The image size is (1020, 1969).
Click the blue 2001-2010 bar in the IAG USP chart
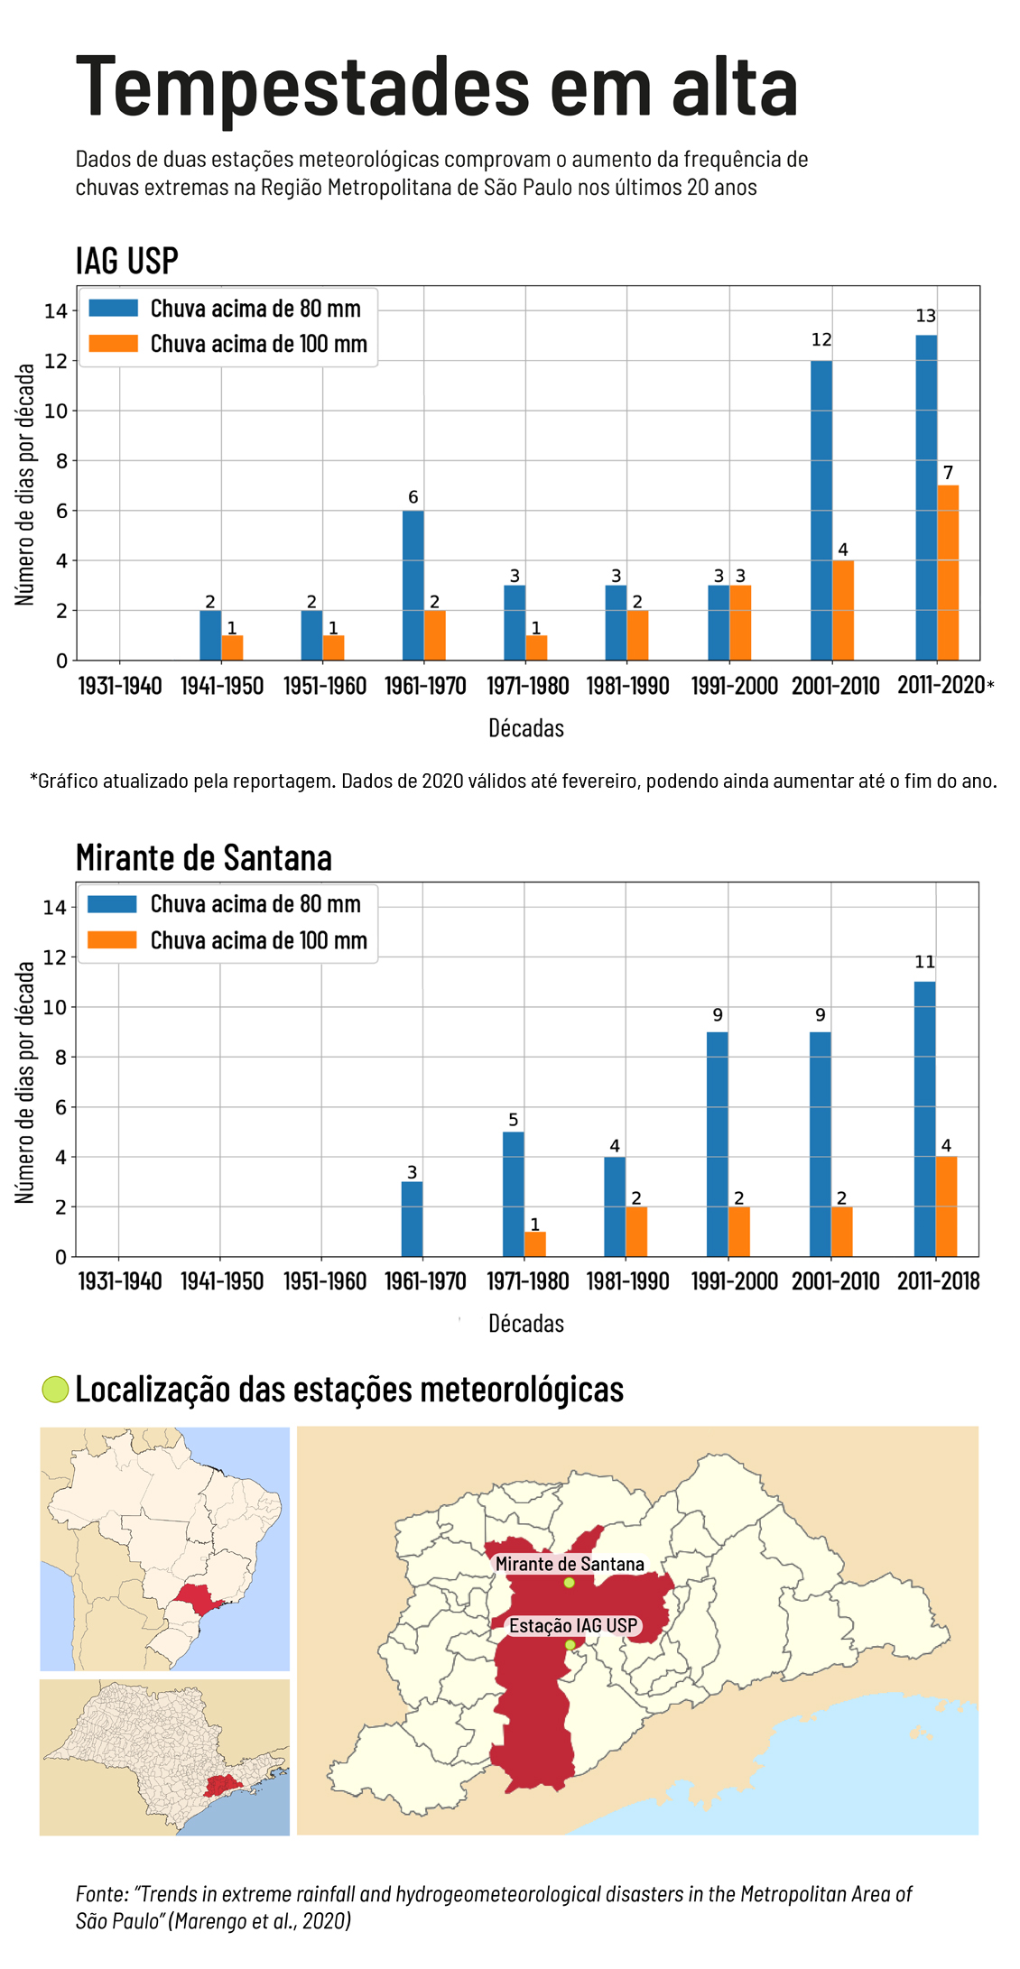tap(821, 511)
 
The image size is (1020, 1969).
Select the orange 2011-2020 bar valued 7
tap(948, 573)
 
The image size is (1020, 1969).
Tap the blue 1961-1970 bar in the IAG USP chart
tap(413, 586)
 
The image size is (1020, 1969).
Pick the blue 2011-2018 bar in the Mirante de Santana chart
tap(925, 1119)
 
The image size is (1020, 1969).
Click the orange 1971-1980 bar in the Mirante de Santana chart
tap(535, 1244)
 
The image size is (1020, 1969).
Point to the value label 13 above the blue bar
tap(926, 317)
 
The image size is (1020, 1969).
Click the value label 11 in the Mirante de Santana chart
tap(925, 963)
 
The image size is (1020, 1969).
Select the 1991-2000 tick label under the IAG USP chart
tap(734, 686)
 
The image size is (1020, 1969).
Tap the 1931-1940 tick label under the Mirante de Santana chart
tap(120, 1281)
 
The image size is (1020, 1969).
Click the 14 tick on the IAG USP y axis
tap(56, 311)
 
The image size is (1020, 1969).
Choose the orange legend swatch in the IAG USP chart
tap(113, 344)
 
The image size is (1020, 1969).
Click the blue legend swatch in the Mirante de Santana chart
tap(113, 904)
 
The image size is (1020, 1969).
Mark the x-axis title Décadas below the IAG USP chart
tap(526, 728)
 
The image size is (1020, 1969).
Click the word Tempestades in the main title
tap(303, 88)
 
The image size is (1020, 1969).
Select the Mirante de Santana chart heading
tap(204, 857)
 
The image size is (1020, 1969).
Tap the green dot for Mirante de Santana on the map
tap(570, 1583)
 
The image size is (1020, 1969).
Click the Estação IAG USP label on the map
tap(573, 1626)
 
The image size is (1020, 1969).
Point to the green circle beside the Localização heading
tap(55, 1390)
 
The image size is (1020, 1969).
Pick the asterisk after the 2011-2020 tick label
tap(990, 686)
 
